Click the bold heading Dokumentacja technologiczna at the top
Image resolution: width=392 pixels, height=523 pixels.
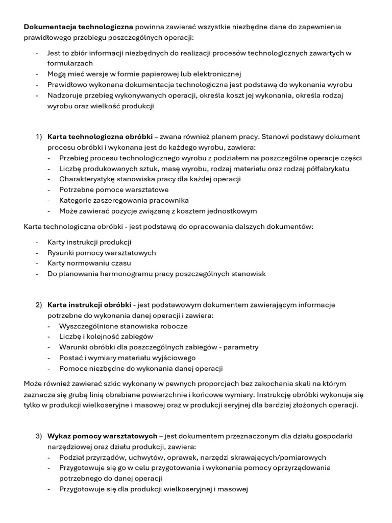click(x=79, y=27)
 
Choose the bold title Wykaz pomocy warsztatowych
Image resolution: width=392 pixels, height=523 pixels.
click(x=103, y=436)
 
